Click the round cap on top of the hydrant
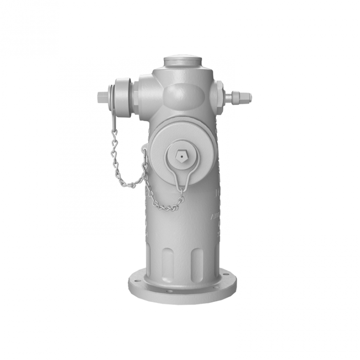pos(182,60)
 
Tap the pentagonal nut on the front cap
pos(181,156)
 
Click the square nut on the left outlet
pos(102,97)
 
